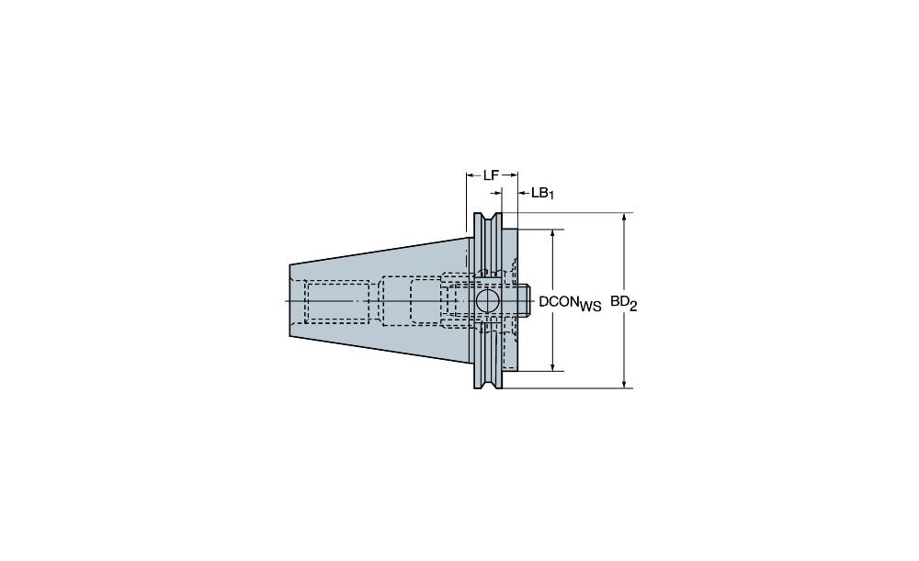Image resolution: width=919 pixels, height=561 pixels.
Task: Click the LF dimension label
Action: pos(491,174)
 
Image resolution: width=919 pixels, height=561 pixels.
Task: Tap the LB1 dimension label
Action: pos(542,193)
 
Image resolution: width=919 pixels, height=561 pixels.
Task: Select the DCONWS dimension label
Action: pos(570,303)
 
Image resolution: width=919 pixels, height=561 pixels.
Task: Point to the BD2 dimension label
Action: pos(624,303)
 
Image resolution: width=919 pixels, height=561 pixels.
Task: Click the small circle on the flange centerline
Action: pos(486,301)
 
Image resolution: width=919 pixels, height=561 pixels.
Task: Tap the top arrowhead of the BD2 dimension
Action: pos(625,218)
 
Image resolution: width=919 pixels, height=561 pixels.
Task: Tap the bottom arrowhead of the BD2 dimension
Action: pos(625,383)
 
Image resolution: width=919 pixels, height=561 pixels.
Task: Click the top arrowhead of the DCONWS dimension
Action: pos(552,234)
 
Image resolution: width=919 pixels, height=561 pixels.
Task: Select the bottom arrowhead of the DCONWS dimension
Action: pos(552,366)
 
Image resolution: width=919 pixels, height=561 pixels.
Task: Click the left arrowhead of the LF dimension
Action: pos(470,174)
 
